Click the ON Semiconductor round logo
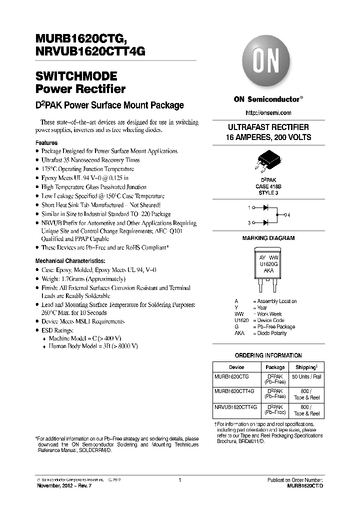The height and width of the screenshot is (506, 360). pyautogui.click(x=268, y=63)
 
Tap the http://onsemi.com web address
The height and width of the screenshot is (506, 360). pyautogui.click(x=268, y=113)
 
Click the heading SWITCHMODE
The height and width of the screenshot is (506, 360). pyautogui.click(x=76, y=77)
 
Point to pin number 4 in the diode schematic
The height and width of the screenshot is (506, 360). pyautogui.click(x=288, y=215)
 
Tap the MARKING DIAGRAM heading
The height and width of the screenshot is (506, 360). pyautogui.click(x=268, y=238)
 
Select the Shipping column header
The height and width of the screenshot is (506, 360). pyautogui.click(x=305, y=366)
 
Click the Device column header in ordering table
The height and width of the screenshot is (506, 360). pyautogui.click(x=236, y=366)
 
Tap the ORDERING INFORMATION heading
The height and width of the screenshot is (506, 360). pyautogui.click(x=268, y=355)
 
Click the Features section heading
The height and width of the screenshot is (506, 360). pyautogui.click(x=46, y=143)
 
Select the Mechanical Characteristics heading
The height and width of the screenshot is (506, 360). pyautogui.click(x=70, y=261)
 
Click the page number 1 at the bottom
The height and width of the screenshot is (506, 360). pyautogui.click(x=179, y=480)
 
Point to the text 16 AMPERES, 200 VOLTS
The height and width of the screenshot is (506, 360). pyautogui.click(x=268, y=137)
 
